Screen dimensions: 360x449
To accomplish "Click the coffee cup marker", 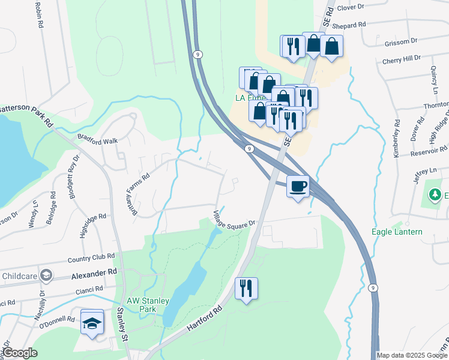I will pos(298,187).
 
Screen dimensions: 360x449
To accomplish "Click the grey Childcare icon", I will pos(46,276).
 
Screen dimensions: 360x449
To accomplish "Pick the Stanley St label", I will pos(122,325).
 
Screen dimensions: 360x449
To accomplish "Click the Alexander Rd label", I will pos(94,273).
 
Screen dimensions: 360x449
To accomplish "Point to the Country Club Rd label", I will pos(91,257).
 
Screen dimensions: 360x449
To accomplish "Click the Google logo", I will pos(20,353).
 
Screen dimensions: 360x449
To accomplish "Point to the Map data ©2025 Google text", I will pos(412,355).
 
